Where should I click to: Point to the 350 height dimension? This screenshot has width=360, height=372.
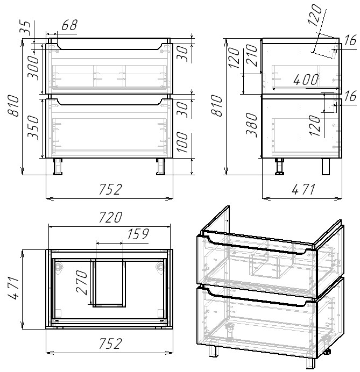tap(33, 127)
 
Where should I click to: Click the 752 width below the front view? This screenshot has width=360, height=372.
tap(110, 189)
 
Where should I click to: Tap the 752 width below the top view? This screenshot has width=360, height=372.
tap(110, 344)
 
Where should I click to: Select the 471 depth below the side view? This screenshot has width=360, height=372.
tap(301, 189)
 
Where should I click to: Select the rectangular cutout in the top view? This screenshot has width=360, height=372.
tap(108, 283)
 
